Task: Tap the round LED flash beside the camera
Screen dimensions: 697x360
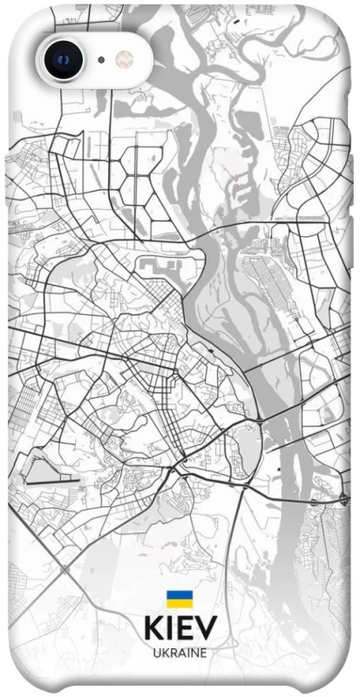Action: tap(126, 59)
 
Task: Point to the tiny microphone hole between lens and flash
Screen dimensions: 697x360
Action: tap(101, 60)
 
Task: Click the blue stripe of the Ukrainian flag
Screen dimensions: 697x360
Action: tap(180, 594)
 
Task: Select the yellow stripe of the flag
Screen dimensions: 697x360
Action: tap(180, 602)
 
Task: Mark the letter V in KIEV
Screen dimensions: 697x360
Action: tap(209, 629)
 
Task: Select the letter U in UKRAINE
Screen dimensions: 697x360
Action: tap(156, 652)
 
